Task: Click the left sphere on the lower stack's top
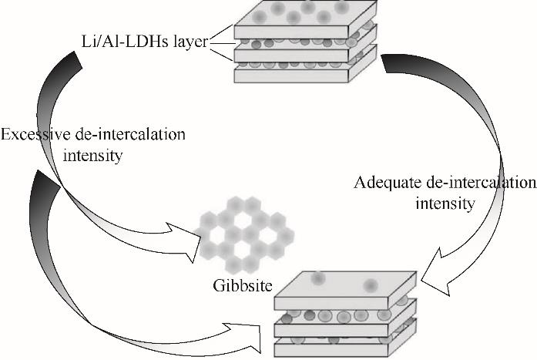(x=318, y=278)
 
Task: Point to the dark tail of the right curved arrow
(x=401, y=66)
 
